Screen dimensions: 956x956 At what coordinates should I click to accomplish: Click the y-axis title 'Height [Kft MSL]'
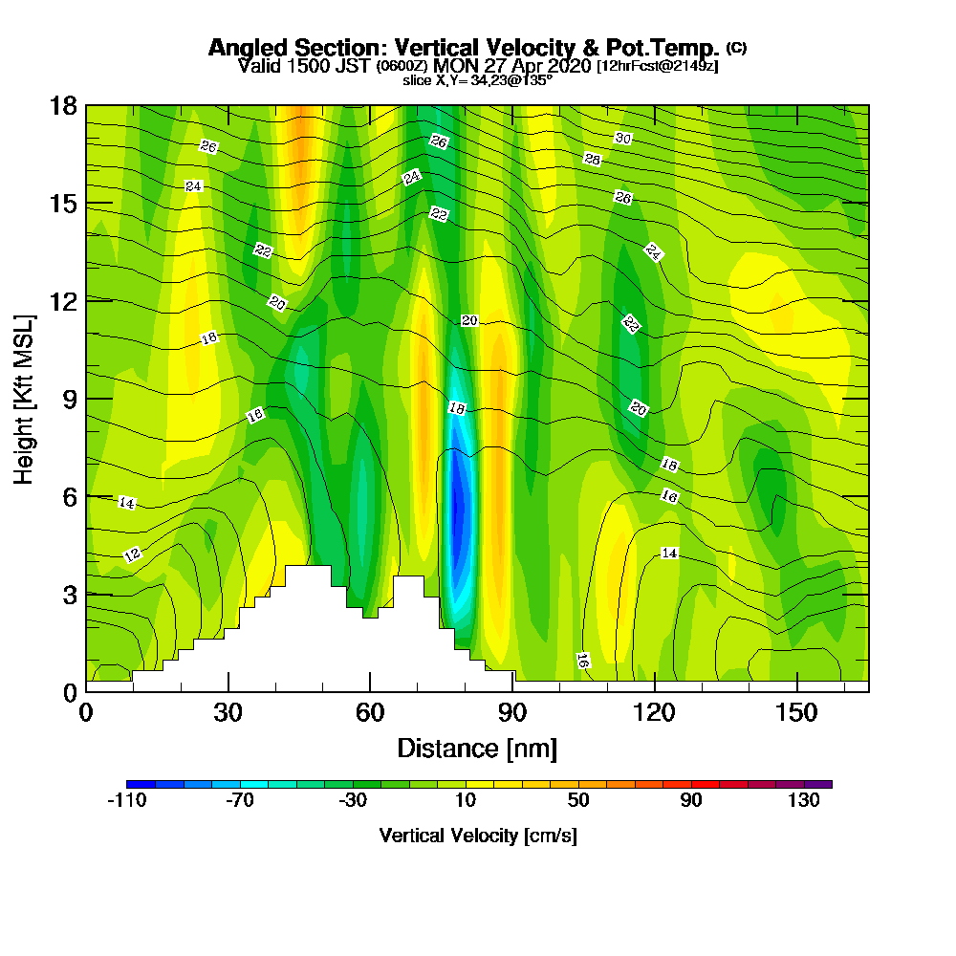point(24,398)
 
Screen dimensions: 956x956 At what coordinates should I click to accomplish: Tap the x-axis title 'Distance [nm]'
point(476,748)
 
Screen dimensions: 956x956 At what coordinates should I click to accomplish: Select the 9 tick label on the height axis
point(70,399)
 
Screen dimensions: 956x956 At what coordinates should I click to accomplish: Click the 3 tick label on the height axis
point(70,594)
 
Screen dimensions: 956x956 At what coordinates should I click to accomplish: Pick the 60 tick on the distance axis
point(370,713)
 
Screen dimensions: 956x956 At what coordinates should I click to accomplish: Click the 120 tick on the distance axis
point(654,713)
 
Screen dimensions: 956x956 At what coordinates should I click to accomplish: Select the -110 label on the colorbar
point(126,801)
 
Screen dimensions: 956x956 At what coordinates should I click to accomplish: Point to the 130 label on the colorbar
point(804,801)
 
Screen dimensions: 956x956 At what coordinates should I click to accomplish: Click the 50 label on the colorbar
point(578,801)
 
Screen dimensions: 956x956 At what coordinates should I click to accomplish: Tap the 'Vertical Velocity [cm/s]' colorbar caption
point(478,836)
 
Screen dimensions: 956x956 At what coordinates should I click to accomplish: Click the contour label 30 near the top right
point(623,139)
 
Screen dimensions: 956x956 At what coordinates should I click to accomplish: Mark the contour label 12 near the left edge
point(132,554)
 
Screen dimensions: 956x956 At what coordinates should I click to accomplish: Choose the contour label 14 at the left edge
point(126,503)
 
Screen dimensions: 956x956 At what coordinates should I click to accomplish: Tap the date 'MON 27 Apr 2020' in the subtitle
point(513,66)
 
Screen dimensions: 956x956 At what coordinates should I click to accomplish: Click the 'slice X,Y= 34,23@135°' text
point(477,81)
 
